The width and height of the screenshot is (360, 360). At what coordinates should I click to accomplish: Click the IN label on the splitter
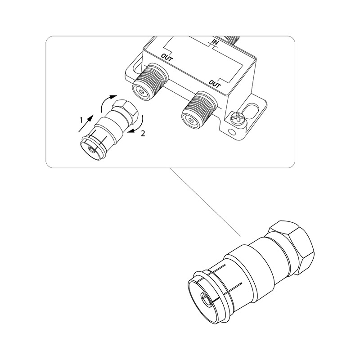pyautogui.click(x=215, y=42)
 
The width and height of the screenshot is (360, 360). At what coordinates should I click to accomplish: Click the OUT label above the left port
pyautogui.click(x=167, y=57)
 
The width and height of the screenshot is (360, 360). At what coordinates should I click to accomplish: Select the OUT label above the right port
pyautogui.click(x=215, y=84)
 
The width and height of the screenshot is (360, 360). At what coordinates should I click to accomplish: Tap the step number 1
pyautogui.click(x=81, y=120)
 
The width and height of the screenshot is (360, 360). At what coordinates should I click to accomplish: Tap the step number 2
pyautogui.click(x=143, y=134)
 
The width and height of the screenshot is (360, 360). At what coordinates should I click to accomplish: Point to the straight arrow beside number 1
pyautogui.click(x=86, y=123)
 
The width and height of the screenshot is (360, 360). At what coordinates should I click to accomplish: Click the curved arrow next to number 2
pyautogui.click(x=136, y=125)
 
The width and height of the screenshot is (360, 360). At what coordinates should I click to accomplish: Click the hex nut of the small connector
pyautogui.click(x=125, y=111)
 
